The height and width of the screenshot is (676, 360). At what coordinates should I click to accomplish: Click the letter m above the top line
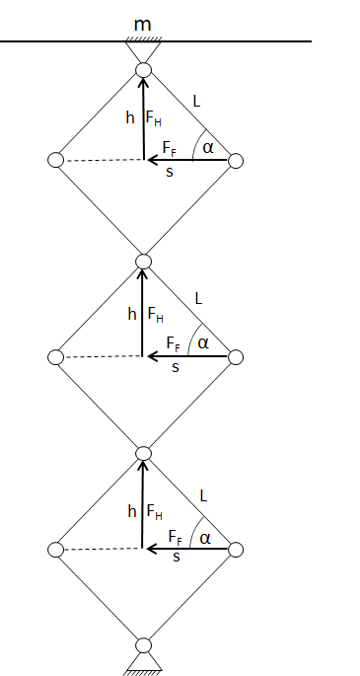coord(143,25)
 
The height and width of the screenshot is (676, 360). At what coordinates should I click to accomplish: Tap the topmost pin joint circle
coord(143,70)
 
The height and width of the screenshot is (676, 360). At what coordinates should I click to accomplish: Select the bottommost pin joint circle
coord(143,645)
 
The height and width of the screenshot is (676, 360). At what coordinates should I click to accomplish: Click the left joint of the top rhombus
coord(55,160)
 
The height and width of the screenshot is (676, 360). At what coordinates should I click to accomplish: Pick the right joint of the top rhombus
coord(236,161)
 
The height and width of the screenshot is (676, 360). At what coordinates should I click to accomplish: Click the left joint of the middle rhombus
coord(55,357)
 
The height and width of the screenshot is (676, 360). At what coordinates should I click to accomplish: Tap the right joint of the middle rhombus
coord(236,357)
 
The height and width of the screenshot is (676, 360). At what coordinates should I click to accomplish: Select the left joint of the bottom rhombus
coord(55,550)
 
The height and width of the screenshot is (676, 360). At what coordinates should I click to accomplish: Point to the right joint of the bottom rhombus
coord(236,550)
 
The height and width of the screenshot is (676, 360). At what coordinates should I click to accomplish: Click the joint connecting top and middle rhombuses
coord(143,262)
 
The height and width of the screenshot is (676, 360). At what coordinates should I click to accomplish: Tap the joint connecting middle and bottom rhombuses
coord(143,453)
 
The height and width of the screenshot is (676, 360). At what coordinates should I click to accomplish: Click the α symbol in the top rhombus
coord(208,148)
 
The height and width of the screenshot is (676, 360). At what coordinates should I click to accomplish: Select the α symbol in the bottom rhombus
coord(205,539)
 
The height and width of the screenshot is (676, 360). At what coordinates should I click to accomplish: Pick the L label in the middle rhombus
coord(198,298)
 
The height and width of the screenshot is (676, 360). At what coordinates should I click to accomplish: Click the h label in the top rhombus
coord(130,116)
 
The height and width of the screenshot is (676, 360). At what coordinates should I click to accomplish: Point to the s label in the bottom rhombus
coord(177,557)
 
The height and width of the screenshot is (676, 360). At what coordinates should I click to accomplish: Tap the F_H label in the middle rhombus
coord(156,314)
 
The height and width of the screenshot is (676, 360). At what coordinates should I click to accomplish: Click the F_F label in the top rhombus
coord(170,148)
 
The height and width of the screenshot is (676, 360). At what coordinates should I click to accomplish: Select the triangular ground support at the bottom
coord(143,662)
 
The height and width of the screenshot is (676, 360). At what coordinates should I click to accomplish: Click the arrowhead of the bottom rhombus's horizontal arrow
coord(151,549)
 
